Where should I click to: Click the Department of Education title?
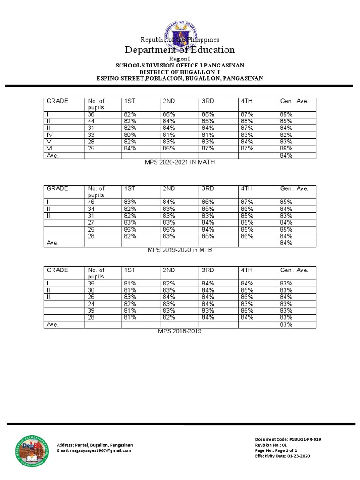(x=180, y=50)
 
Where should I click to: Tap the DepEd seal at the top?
(x=180, y=33)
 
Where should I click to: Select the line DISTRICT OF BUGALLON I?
(x=180, y=72)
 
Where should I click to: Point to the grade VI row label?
(x=49, y=149)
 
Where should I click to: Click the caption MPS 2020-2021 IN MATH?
(x=180, y=162)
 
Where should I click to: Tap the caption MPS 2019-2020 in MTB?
(x=180, y=250)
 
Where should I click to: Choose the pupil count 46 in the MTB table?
(x=91, y=202)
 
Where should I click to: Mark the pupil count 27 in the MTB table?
(x=91, y=223)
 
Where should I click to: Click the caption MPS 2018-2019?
(x=180, y=331)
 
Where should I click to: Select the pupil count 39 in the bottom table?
(x=91, y=311)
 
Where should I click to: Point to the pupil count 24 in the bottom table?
(x=91, y=304)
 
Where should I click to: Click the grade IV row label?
(x=49, y=135)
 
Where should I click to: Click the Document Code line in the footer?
(x=288, y=439)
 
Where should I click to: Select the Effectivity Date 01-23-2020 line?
(x=282, y=456)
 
